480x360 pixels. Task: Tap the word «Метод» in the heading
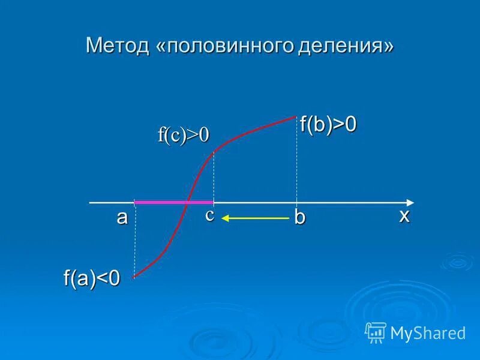click(x=118, y=46)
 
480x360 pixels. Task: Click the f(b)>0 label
click(x=328, y=124)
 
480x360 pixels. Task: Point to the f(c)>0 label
click(x=184, y=135)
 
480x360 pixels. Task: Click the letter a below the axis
click(x=122, y=217)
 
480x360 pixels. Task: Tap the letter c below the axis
click(x=209, y=215)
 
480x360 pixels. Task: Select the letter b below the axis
click(x=299, y=217)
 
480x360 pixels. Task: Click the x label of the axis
click(x=404, y=215)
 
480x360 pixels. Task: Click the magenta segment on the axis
click(x=162, y=202)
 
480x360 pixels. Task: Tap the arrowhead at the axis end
click(x=410, y=202)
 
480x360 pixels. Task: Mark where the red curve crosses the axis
click(x=188, y=202)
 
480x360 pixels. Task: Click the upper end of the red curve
click(x=296, y=116)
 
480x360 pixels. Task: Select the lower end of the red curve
click(x=134, y=277)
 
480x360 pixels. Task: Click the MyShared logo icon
click(x=376, y=332)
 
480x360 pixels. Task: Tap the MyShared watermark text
click(x=428, y=332)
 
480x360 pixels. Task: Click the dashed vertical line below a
click(x=134, y=240)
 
